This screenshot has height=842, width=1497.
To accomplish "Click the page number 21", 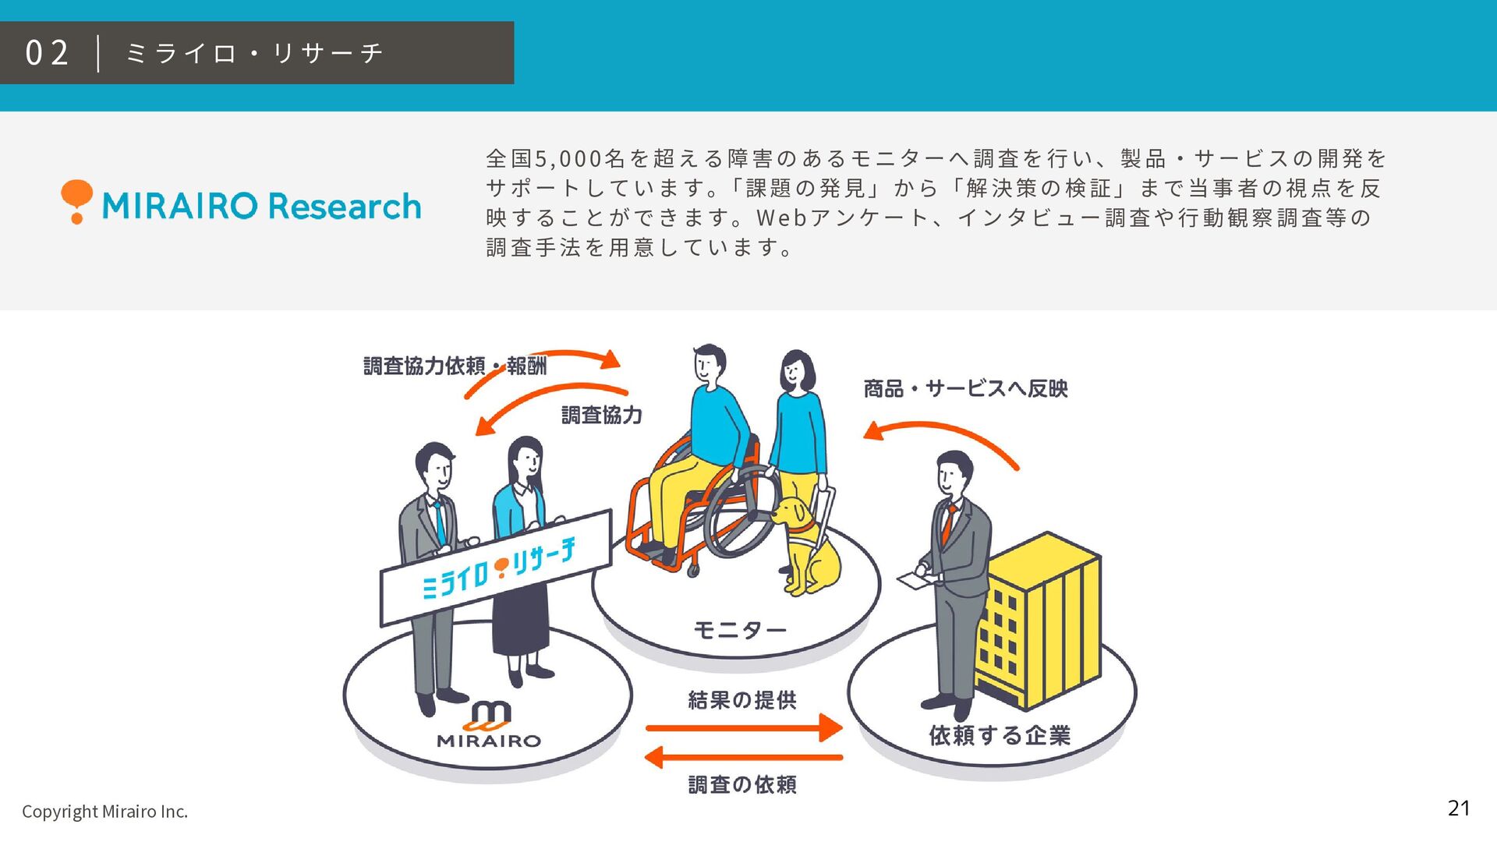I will click(x=1458, y=808).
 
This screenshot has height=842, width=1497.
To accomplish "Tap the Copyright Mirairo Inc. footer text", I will click(x=104, y=812).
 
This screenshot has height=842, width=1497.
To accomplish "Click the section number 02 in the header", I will click(x=47, y=53).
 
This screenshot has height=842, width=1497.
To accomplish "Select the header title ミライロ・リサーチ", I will click(x=254, y=53).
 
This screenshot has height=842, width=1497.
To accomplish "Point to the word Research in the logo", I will click(x=344, y=207).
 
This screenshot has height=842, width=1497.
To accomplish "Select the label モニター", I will click(x=739, y=630).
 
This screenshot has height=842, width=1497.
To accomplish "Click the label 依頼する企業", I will click(x=1000, y=735).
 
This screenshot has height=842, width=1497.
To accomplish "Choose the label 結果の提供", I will click(x=741, y=700).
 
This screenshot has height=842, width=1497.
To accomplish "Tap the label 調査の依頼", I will click(x=741, y=784).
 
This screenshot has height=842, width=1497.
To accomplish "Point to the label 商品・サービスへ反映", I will click(x=965, y=388).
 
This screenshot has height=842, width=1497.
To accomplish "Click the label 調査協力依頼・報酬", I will click(x=455, y=366).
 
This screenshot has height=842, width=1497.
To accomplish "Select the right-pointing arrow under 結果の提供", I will click(x=745, y=728).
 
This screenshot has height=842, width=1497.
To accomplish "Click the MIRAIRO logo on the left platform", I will click(x=489, y=725).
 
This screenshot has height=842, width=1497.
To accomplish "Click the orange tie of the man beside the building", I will click(x=948, y=524).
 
